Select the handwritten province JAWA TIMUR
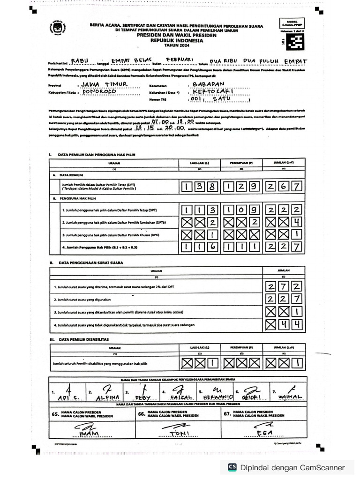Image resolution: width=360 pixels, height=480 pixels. pos(104,84)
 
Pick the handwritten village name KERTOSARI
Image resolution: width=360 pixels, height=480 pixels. pos(211,92)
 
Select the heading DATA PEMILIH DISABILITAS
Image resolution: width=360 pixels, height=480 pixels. pos(83,339)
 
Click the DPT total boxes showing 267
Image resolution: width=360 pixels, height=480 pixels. pos(283,187)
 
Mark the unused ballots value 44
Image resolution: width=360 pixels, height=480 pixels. pos(283,324)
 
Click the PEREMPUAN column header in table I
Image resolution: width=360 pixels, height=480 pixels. pos(240,163)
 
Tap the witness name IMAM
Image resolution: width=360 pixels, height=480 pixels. pos(89,434)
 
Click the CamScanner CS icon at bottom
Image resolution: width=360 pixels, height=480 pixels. pos(232,467)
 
